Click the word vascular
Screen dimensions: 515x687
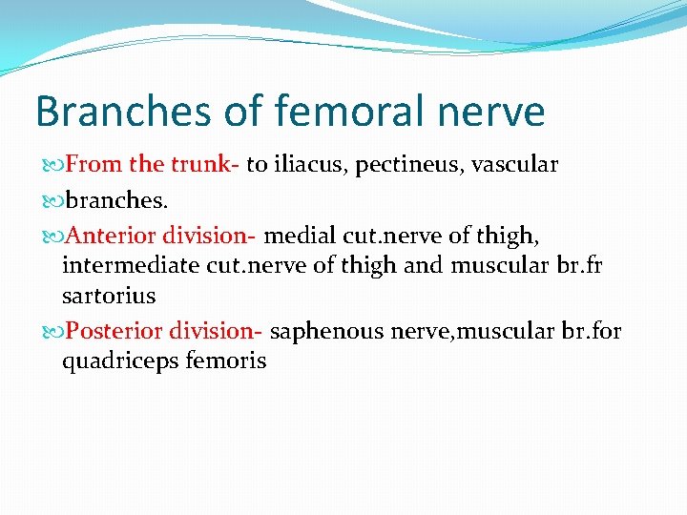tap(510, 164)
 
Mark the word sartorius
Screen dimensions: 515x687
tap(109, 296)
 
